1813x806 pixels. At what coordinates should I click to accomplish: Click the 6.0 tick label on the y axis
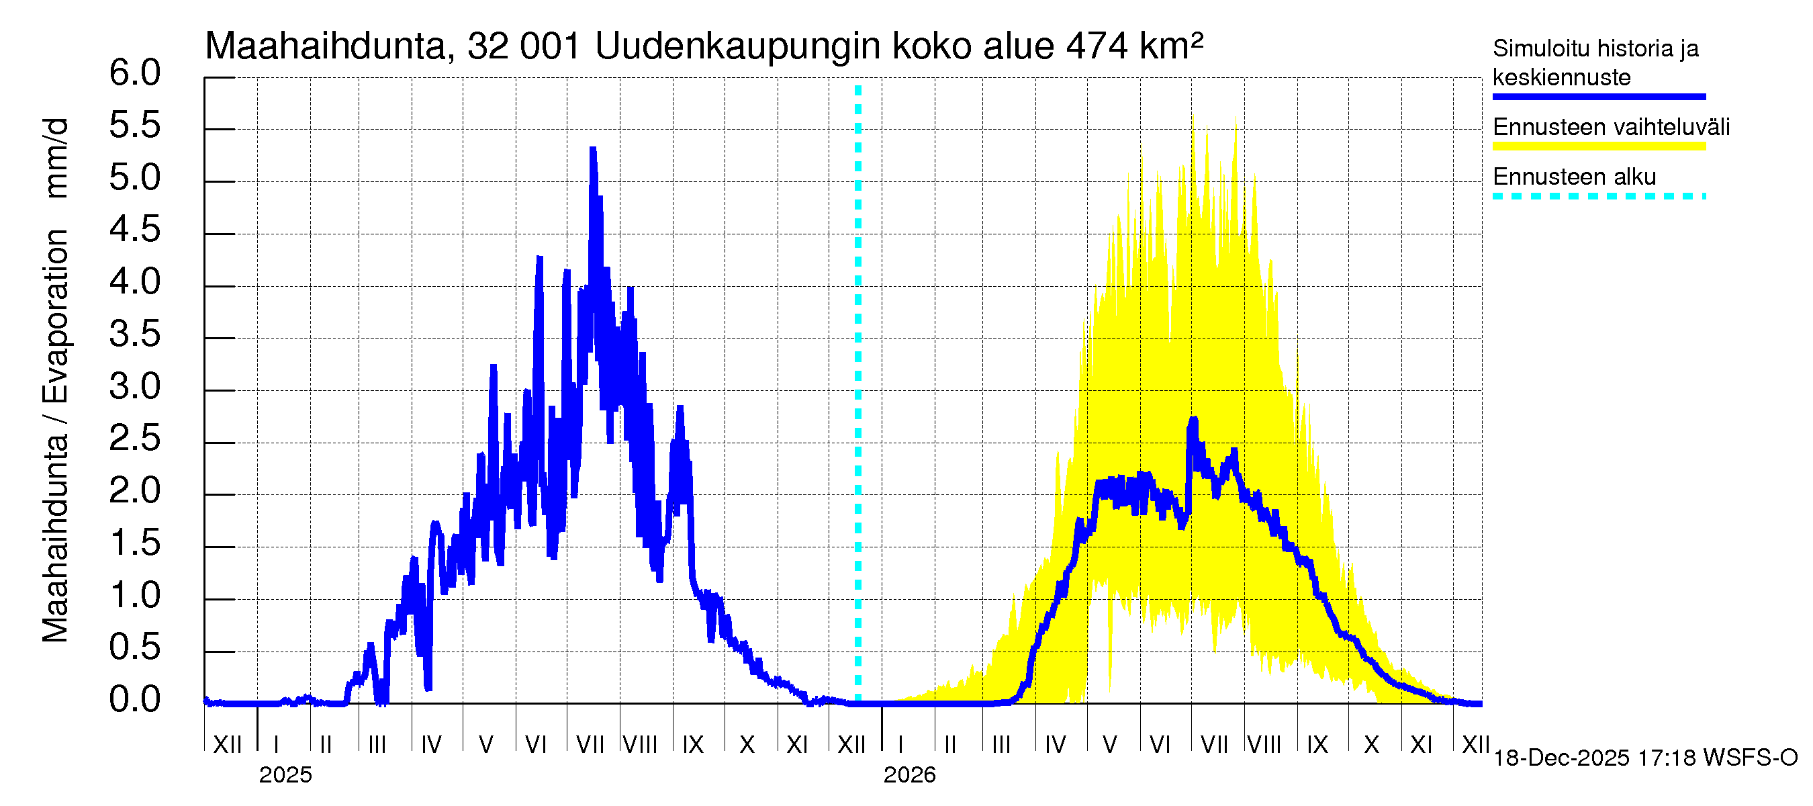(x=134, y=73)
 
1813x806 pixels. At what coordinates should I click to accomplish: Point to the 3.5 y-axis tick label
(x=134, y=334)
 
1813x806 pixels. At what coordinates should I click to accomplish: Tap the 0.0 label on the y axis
(x=134, y=700)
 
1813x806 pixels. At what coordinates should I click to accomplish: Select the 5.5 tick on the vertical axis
(x=134, y=126)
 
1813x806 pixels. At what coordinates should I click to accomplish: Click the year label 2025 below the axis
(x=285, y=775)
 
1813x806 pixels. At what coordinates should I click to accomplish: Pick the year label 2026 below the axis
(x=909, y=775)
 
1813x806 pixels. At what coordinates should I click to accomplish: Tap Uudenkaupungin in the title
(x=737, y=46)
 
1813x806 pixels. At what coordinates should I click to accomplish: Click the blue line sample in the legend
(x=1598, y=97)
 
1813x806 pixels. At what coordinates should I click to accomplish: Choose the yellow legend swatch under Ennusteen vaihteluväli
(x=1598, y=146)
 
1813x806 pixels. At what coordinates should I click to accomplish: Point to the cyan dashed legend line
(x=1598, y=196)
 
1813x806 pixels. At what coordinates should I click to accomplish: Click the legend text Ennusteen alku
(x=1575, y=177)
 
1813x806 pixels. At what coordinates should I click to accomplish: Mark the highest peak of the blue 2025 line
(x=594, y=149)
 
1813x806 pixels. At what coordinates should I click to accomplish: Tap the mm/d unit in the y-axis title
(x=56, y=159)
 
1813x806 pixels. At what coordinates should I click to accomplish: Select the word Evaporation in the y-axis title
(x=56, y=316)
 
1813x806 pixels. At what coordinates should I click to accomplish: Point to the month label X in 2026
(x=1371, y=745)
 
